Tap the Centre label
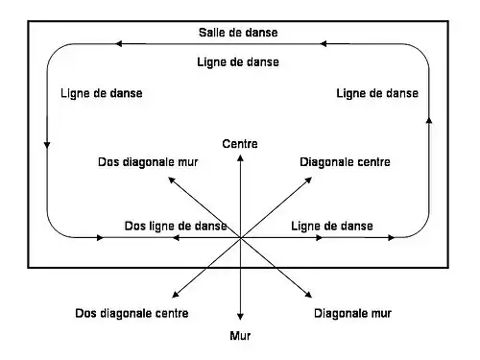click(x=239, y=144)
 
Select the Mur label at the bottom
click(x=240, y=336)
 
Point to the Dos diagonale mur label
click(x=148, y=162)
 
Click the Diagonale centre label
click(x=345, y=162)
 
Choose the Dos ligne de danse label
click(x=176, y=226)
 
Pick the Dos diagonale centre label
click(x=132, y=314)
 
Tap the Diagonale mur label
click(x=352, y=314)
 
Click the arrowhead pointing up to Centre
click(x=240, y=157)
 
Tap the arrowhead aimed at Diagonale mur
click(x=309, y=297)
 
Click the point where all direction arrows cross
click(x=240, y=237)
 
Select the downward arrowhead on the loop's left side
click(x=47, y=144)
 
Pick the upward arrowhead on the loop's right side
click(x=427, y=120)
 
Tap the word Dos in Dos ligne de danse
click(x=135, y=226)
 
